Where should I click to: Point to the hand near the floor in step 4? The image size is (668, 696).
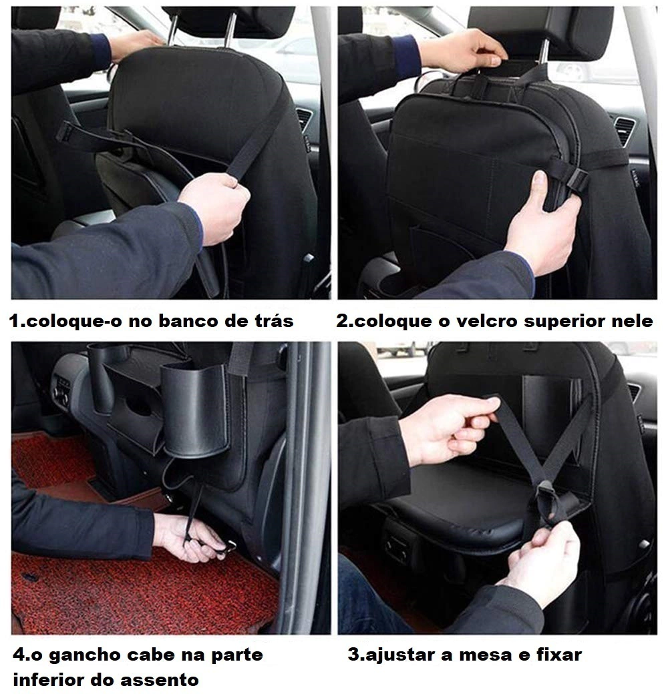(188, 538)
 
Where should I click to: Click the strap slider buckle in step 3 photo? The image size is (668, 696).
(549, 498)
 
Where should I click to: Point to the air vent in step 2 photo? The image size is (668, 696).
(625, 129)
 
